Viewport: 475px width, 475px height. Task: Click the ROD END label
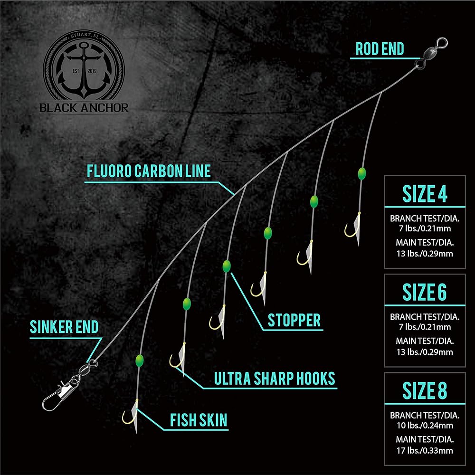pyautogui.click(x=380, y=49)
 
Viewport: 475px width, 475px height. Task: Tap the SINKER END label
pyautogui.click(x=64, y=327)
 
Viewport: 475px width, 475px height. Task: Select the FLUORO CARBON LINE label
pyautogui.click(x=149, y=171)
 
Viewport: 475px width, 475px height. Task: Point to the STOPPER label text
pyautogui.click(x=294, y=320)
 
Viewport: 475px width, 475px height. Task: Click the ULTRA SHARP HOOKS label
pyautogui.click(x=275, y=379)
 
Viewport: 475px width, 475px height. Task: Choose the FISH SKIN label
pyautogui.click(x=199, y=420)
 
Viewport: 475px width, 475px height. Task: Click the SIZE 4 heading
pyautogui.click(x=425, y=194)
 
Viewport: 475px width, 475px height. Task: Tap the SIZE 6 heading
pyautogui.click(x=425, y=292)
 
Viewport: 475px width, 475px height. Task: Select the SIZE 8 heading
pyautogui.click(x=425, y=390)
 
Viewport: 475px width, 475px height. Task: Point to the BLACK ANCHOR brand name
pyautogui.click(x=84, y=107)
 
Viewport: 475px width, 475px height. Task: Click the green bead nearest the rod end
pyautogui.click(x=361, y=173)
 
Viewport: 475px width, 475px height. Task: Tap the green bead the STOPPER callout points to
pyautogui.click(x=226, y=266)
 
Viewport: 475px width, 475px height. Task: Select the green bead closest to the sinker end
pyautogui.click(x=139, y=361)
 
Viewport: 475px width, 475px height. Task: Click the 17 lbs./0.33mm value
pyautogui.click(x=425, y=450)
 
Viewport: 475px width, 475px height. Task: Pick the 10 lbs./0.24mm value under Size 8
pyautogui.click(x=425, y=425)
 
